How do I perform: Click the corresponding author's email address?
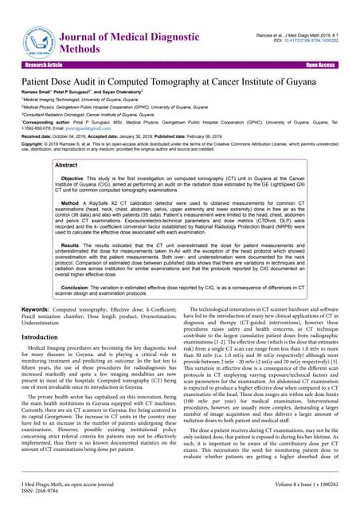point(72,126)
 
